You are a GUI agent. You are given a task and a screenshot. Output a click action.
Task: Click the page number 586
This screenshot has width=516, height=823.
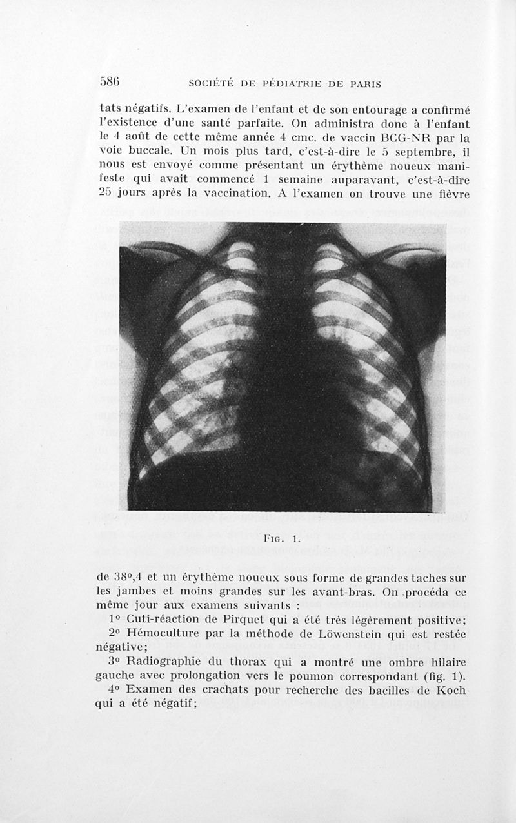pyautogui.click(x=111, y=82)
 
